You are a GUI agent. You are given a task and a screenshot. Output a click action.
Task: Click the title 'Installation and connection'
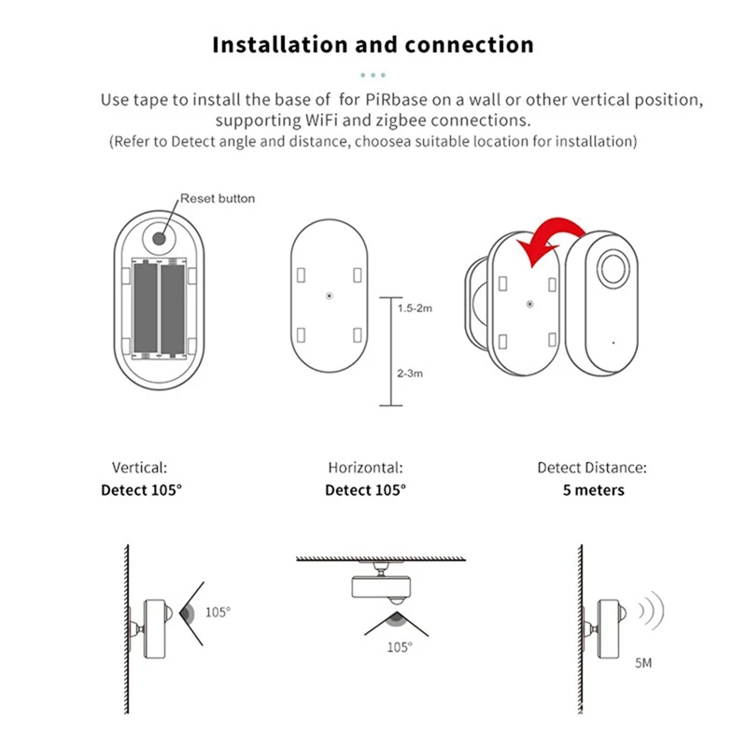[x=373, y=45]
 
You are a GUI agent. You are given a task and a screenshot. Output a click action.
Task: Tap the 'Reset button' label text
[x=217, y=198]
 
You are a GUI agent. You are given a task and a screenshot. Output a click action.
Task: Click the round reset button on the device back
[x=159, y=238]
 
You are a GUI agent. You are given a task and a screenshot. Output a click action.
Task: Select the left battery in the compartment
[x=147, y=309]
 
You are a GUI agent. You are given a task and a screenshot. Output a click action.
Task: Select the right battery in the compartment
[x=173, y=309]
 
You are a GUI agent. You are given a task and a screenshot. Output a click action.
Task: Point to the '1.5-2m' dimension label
[x=414, y=308]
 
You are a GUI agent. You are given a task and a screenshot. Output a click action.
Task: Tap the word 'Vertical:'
[x=139, y=468]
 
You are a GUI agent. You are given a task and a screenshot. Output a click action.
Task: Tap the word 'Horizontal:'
[x=365, y=468]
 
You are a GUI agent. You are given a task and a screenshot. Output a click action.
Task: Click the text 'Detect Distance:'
[x=591, y=468]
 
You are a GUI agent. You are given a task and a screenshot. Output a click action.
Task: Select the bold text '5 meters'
[x=593, y=490]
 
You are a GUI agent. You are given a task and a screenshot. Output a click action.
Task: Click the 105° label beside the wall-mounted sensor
[x=217, y=613]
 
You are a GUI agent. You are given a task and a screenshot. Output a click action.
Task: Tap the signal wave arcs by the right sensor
[x=650, y=612]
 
